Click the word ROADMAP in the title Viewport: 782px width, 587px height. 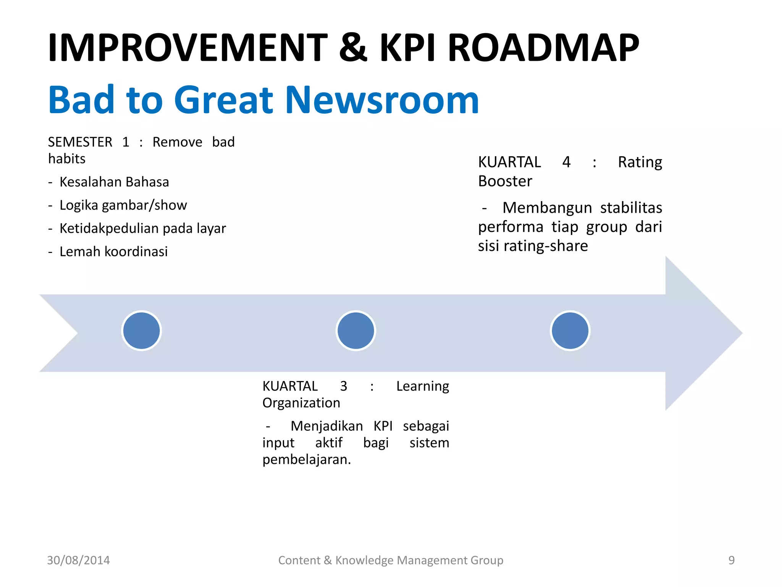(543, 48)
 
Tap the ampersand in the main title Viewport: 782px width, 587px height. (353, 48)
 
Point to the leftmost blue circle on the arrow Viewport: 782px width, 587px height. (142, 331)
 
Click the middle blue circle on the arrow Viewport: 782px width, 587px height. (356, 331)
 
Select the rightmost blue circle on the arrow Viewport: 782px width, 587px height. (570, 331)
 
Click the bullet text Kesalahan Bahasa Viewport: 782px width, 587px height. (114, 182)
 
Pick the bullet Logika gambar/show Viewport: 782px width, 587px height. (123, 205)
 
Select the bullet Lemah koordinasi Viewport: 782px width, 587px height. (113, 251)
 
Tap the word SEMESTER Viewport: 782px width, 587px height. (80, 142)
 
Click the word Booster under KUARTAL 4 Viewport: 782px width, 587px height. (505, 181)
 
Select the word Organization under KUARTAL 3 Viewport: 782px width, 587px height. (301, 403)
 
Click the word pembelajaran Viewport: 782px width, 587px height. (306, 459)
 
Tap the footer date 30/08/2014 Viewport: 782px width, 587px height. (78, 560)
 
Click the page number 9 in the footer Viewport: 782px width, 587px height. (731, 560)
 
